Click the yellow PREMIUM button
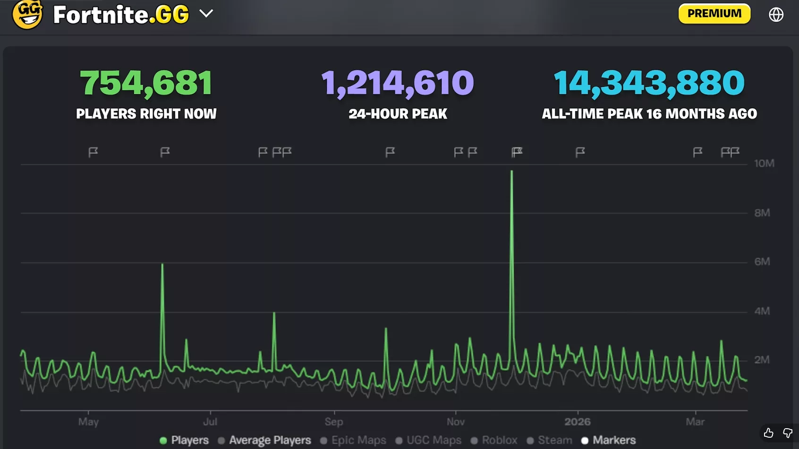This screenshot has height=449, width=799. (x=714, y=14)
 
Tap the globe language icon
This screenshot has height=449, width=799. (x=776, y=15)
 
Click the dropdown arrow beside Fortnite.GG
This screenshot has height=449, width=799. (x=206, y=14)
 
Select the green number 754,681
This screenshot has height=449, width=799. (x=146, y=83)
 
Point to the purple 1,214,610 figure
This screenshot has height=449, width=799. (x=398, y=83)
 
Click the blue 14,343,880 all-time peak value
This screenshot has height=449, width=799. (x=649, y=83)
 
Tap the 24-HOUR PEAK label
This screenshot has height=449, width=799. (x=398, y=114)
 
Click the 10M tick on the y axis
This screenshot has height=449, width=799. (x=764, y=163)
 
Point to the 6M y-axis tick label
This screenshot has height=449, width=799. (x=762, y=262)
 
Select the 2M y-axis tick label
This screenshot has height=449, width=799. (x=762, y=360)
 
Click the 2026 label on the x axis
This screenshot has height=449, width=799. (x=577, y=422)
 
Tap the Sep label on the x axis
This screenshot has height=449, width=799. (x=334, y=422)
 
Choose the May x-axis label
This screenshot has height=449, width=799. (x=88, y=422)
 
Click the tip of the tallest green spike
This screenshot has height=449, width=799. (x=511, y=171)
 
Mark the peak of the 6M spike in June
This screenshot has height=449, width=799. (x=162, y=264)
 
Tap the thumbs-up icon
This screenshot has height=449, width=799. (x=768, y=432)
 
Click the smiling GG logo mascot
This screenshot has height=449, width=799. (x=27, y=14)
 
